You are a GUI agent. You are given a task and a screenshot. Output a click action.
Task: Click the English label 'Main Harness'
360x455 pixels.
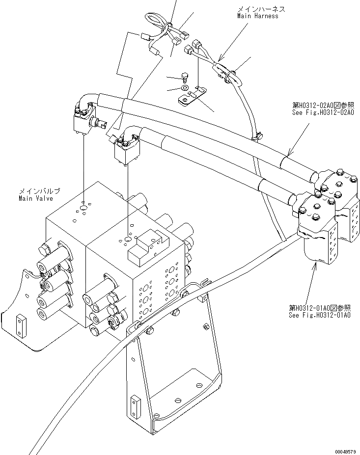(x=257, y=16)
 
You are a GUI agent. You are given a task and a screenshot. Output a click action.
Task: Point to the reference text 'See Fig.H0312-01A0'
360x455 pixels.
(x=319, y=315)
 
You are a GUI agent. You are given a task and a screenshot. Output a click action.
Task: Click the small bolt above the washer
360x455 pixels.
(x=184, y=77)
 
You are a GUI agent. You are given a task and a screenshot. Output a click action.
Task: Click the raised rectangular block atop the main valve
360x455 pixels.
(x=144, y=251)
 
